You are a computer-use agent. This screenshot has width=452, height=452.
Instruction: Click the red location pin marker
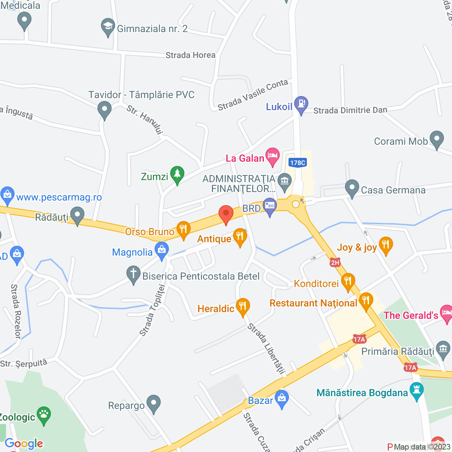point(226,214)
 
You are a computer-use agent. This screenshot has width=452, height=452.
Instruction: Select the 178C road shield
point(297,163)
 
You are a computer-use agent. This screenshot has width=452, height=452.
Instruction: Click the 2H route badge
point(335,262)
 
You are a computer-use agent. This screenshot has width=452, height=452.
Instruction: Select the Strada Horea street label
point(190,55)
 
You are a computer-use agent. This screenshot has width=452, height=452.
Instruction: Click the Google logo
point(24,444)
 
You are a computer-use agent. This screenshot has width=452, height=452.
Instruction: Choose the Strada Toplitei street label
point(152,310)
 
